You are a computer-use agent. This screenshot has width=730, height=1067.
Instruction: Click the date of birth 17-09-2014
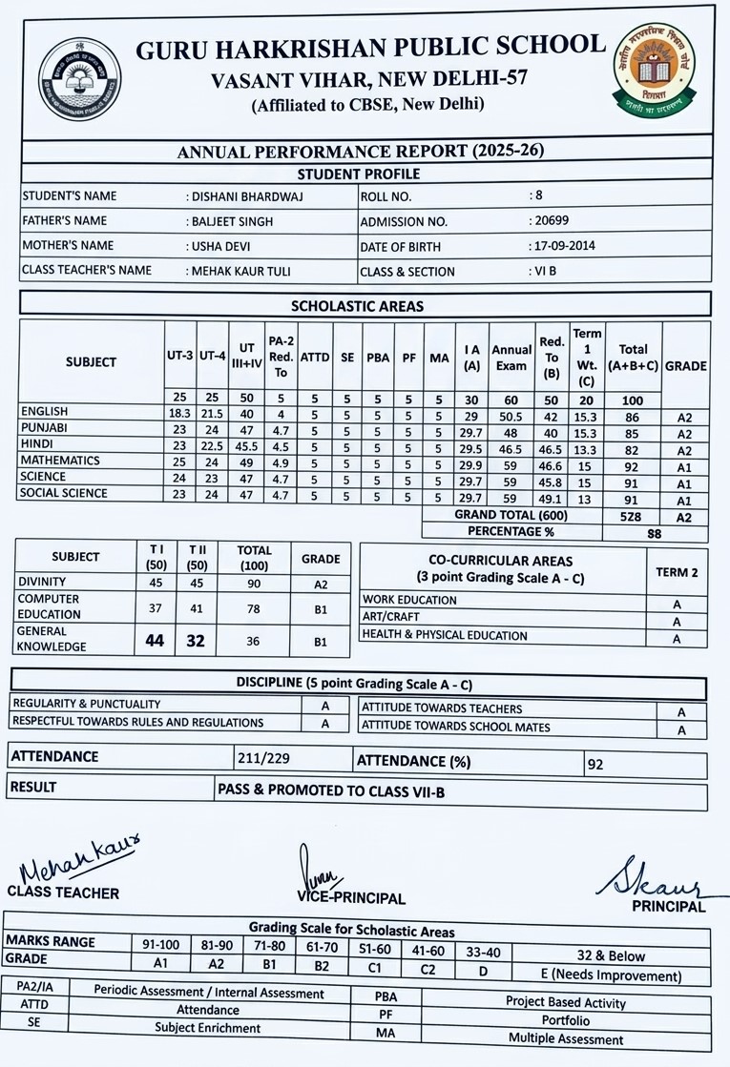coord(563,246)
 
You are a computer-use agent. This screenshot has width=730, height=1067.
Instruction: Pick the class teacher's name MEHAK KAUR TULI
coord(241,271)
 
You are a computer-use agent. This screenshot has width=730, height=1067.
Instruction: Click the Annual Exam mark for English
coord(511,417)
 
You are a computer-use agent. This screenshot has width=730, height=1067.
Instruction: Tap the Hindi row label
coord(37,444)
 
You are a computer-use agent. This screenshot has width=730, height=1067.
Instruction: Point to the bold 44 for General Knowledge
coord(155,642)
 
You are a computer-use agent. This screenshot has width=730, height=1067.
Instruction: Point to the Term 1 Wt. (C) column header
coord(587,357)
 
